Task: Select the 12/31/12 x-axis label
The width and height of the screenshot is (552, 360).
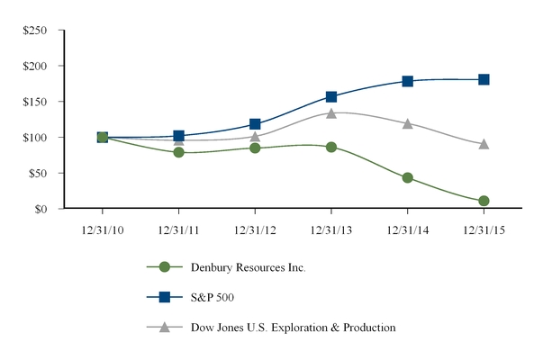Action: (255, 229)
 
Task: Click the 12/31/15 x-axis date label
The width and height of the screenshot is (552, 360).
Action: (484, 229)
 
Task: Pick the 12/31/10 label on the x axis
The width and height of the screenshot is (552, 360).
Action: (102, 229)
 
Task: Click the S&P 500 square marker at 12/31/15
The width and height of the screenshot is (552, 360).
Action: (484, 79)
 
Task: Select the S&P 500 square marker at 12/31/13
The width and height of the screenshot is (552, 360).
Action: (331, 96)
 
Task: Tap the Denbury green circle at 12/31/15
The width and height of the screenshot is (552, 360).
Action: (484, 201)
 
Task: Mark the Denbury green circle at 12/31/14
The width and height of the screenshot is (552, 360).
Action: (407, 178)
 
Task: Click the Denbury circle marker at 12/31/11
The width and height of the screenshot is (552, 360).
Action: (178, 152)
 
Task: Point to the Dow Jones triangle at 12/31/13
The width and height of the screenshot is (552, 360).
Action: (331, 113)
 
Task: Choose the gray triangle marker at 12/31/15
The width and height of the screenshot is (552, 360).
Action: (484, 144)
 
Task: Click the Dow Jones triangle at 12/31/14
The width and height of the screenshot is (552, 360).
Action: (407, 123)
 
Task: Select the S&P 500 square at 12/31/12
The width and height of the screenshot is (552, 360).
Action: (255, 124)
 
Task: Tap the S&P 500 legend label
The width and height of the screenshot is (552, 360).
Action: (213, 298)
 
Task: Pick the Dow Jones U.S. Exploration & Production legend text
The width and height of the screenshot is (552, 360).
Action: (293, 328)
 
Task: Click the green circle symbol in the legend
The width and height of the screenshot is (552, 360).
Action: (164, 267)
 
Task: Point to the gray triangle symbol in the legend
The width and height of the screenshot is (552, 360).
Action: (164, 327)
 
